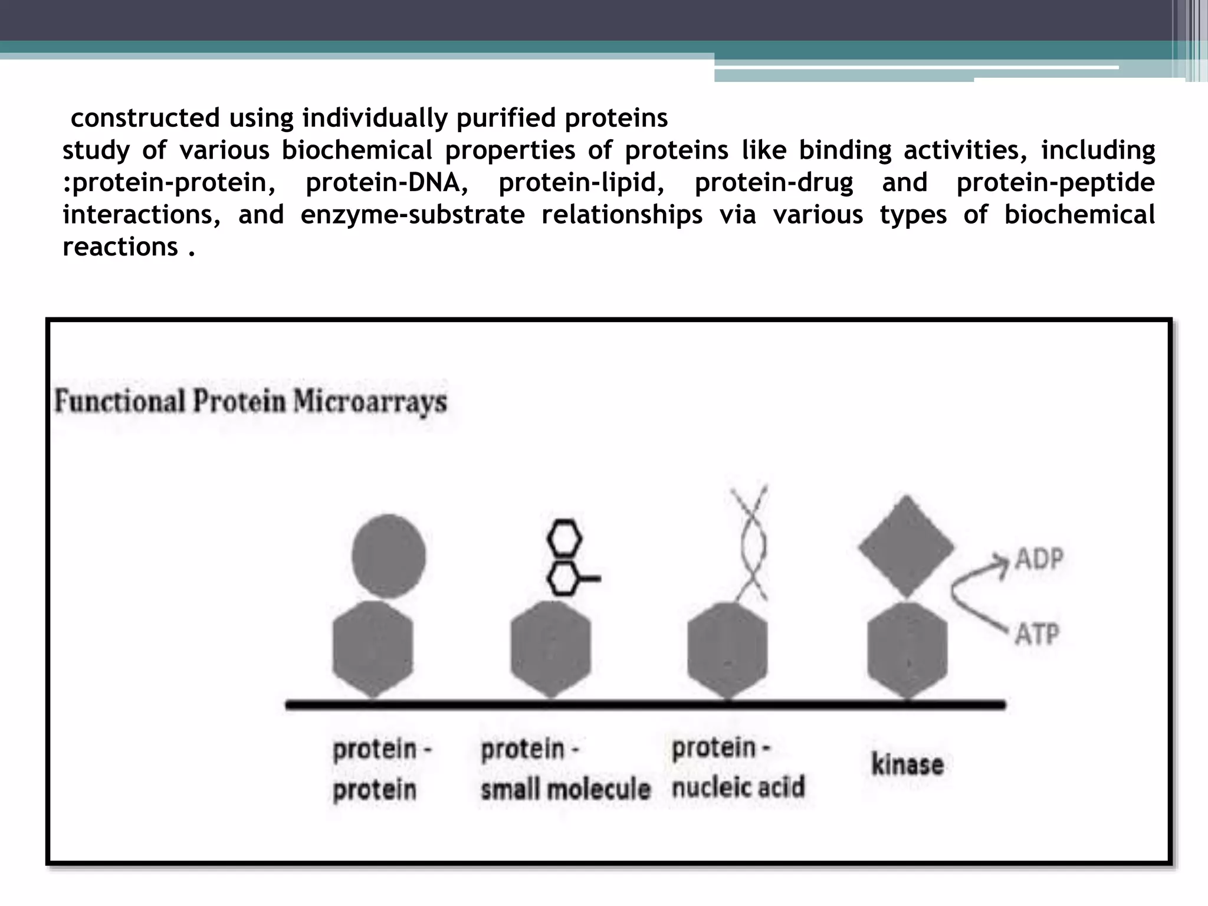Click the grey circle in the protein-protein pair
388,556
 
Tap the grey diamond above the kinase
906,546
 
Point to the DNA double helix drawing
749,543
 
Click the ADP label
1039,558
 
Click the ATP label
1037,635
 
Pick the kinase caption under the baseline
907,764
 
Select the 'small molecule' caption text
565,789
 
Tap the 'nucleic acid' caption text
738,787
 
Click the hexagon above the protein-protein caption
373,649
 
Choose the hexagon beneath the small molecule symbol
550,649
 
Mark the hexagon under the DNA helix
728,649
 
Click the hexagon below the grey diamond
907,649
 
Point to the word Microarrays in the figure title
370,402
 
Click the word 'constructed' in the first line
145,118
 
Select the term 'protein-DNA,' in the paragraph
387,182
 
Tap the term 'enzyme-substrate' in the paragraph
412,215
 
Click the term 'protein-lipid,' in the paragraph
582,182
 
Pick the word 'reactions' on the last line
120,247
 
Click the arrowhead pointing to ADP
1000,559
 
